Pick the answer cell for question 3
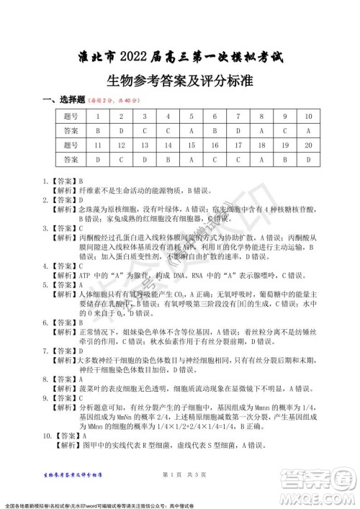coord(145,131)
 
